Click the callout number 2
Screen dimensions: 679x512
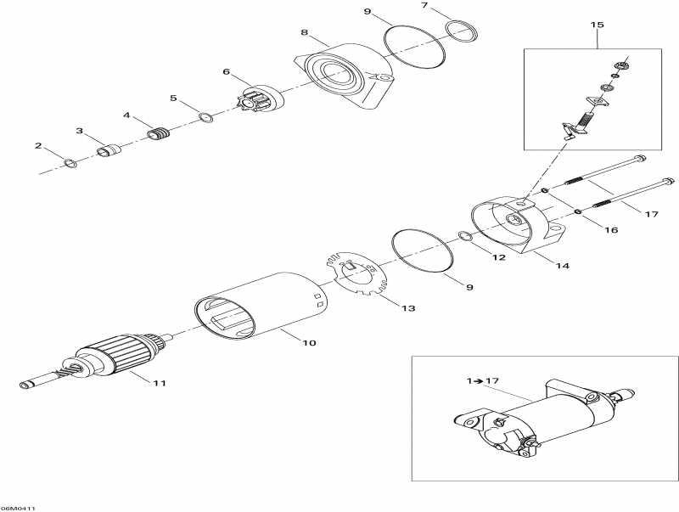[38, 145]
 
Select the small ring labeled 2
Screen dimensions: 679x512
[70, 163]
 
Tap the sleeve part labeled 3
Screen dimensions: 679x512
[109, 150]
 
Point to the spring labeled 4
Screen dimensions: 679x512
[159, 134]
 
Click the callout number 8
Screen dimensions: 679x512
[305, 32]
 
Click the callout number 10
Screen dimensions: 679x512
[309, 343]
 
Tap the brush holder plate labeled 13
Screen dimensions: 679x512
[356, 273]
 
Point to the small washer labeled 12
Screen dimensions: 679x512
[465, 236]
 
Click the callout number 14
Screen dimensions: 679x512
[563, 266]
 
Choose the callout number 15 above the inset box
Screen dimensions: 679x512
[598, 25]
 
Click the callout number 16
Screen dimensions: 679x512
[611, 229]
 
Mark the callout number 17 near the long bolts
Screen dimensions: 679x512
[651, 214]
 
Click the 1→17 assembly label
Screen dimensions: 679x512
[482, 381]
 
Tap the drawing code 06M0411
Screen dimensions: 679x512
[18, 508]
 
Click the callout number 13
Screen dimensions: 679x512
[408, 308]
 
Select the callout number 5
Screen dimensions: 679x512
[173, 98]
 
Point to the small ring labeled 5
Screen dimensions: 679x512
[206, 117]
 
